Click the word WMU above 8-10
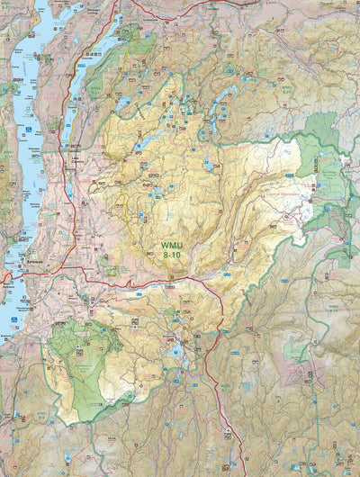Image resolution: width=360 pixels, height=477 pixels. tap(172, 244)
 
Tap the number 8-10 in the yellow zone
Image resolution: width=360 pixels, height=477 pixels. tap(172, 255)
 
